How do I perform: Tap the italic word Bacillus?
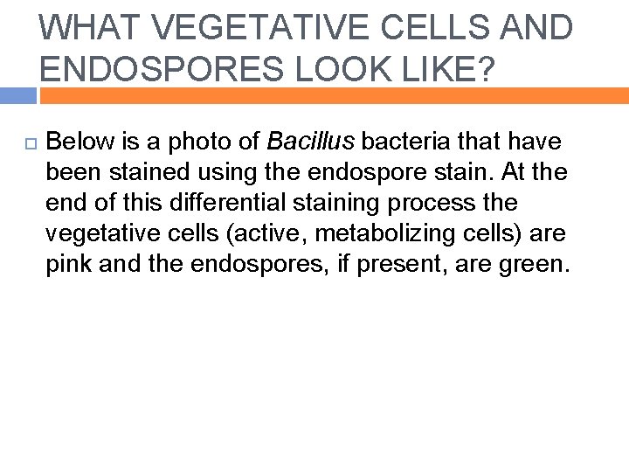click(x=309, y=141)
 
